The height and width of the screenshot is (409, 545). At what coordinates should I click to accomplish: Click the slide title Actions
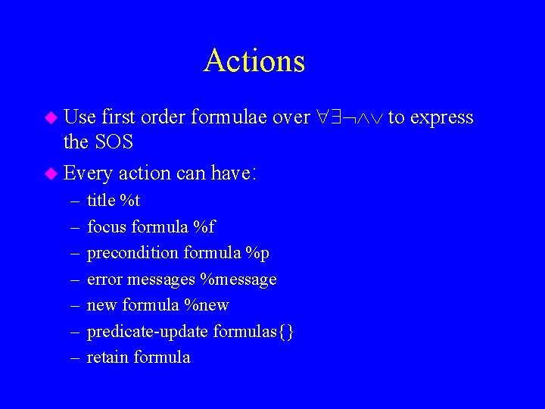pyautogui.click(x=254, y=61)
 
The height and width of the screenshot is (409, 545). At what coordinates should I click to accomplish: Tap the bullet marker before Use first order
pyautogui.click(x=51, y=117)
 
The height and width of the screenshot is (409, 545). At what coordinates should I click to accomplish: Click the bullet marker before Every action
pyautogui.click(x=51, y=173)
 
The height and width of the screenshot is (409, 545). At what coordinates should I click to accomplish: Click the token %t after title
pyautogui.click(x=130, y=201)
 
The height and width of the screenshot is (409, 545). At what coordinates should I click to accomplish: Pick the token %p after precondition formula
pyautogui.click(x=257, y=253)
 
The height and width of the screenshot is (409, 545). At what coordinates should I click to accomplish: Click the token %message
pyautogui.click(x=238, y=279)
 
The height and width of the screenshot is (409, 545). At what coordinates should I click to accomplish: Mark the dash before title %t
pyautogui.click(x=73, y=201)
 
